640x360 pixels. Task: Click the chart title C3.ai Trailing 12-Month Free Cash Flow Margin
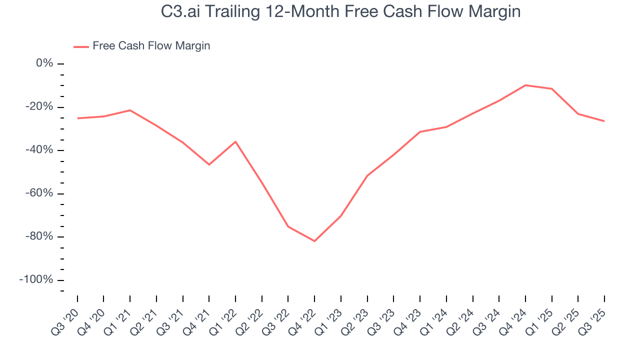point(340,11)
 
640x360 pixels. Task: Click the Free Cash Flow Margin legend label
point(151,46)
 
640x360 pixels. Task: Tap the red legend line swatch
point(81,46)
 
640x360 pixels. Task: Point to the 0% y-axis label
point(44,63)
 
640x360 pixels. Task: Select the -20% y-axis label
point(40,107)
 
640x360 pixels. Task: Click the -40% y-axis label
point(40,150)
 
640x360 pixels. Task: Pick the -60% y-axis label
point(40,193)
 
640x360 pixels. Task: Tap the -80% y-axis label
point(40,236)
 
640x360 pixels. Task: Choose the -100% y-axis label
point(36,279)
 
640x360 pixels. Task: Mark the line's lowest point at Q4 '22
point(314,241)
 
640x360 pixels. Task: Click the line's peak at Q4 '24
point(525,85)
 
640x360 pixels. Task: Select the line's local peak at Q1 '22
point(235,141)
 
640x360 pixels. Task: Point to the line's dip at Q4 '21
point(209,164)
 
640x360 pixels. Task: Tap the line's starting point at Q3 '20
point(77,118)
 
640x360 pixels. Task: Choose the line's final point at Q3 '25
point(604,121)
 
